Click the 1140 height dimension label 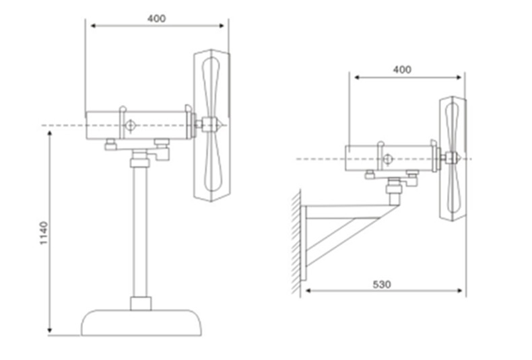coord(44,233)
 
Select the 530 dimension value coord(382,285)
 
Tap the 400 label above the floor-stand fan coord(156,18)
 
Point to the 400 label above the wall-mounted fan coord(402,69)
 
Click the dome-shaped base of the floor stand coord(141,322)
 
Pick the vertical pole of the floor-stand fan coord(140,232)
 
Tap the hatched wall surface coord(296,242)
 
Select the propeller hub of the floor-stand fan coord(210,124)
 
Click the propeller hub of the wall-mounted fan coord(452,158)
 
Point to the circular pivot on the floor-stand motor coord(130,126)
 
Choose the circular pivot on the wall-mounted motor coord(387,159)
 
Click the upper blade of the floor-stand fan coord(211,87)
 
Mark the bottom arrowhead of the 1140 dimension coord(50,330)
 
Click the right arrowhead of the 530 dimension coord(459,291)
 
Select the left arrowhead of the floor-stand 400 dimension coord(94,26)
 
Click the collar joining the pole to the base coord(141,303)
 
